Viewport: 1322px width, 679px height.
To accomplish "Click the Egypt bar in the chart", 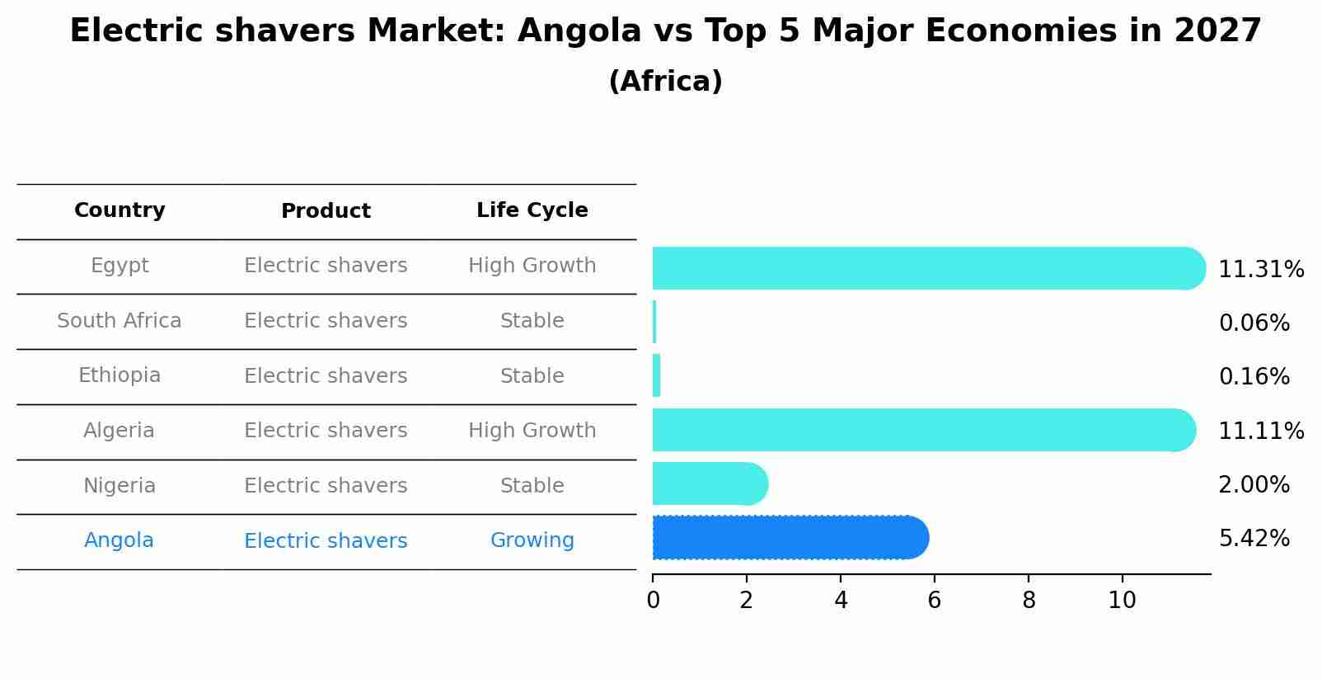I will tap(927, 268).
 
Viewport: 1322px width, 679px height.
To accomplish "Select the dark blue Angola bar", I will tap(790, 538).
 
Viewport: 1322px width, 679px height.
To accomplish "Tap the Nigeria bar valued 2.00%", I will tap(709, 484).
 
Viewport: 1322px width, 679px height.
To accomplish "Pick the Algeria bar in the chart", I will tap(923, 430).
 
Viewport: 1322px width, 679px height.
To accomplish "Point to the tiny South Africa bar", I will tap(654, 322).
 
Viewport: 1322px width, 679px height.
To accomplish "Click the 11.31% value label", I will tap(1260, 270).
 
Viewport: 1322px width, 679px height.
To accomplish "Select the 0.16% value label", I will tap(1254, 377).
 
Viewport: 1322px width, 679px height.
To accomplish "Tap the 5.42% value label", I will tap(1254, 539).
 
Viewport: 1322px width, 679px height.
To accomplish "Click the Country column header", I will tap(120, 210).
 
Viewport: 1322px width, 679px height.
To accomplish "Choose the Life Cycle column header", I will tap(532, 210).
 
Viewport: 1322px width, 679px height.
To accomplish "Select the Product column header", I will tap(326, 211).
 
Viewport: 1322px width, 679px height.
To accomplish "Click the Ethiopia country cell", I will tap(120, 375).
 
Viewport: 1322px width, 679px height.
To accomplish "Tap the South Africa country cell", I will tap(120, 321).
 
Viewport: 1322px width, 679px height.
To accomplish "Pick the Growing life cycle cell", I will tap(532, 540).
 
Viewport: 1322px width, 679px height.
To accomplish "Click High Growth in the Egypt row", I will tap(532, 266).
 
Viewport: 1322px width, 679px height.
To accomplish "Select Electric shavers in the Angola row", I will tap(326, 541).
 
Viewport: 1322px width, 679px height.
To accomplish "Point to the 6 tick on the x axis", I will tap(934, 601).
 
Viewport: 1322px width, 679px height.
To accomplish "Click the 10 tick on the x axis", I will tap(1122, 601).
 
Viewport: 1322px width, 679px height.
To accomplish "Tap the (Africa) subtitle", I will tap(665, 82).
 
